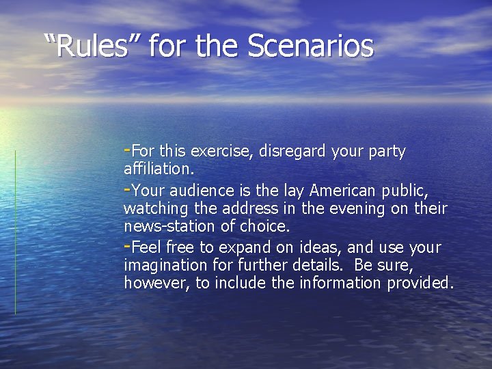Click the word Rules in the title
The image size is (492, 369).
click(95, 46)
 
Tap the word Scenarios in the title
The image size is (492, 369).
click(310, 46)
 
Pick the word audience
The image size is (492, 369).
click(201, 189)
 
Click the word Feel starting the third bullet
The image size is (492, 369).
click(144, 247)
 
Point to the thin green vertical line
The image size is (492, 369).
click(15, 232)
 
